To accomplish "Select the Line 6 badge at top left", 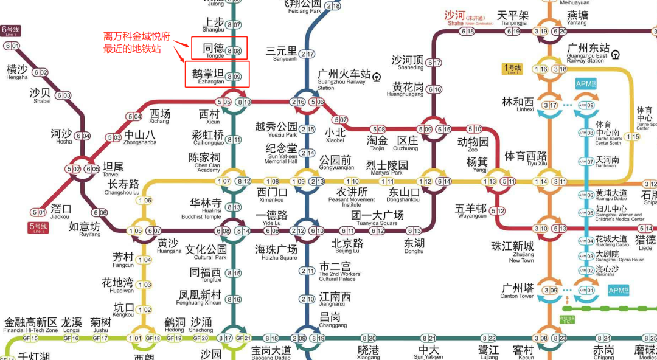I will click(x=11, y=29).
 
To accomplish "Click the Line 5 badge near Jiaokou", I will click(x=37, y=227).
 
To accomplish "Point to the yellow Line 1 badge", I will click(x=512, y=69).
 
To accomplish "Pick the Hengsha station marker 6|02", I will click(x=41, y=72).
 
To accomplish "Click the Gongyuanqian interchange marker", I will click(x=307, y=182).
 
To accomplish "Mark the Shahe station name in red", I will click(x=455, y=16).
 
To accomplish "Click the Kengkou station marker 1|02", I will click(x=145, y=310).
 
